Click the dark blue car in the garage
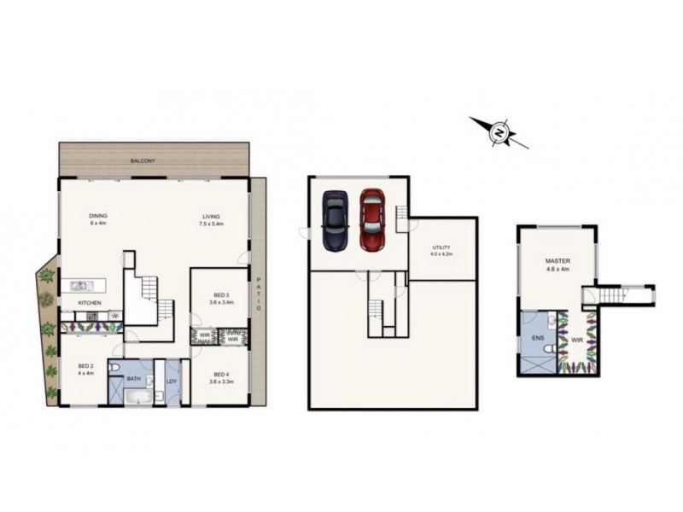click(x=333, y=220)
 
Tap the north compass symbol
click(x=499, y=131)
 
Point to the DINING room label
click(x=98, y=216)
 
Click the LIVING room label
click(x=211, y=216)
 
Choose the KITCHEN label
click(x=90, y=303)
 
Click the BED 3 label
click(x=220, y=294)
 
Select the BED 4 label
click(x=220, y=374)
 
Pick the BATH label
click(x=133, y=379)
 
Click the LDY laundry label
click(x=172, y=381)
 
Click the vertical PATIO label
click(x=259, y=295)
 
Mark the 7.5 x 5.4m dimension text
click(x=211, y=224)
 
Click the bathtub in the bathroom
click(x=135, y=397)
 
